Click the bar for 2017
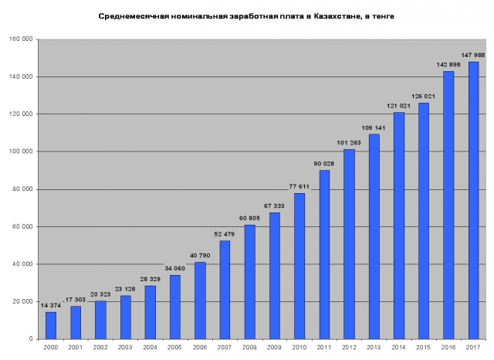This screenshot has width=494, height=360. click(473, 200)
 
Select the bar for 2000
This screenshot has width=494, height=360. click(51, 325)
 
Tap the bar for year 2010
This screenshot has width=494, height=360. click(299, 266)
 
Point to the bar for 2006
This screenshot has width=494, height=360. click(200, 301)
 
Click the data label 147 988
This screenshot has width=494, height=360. click(472, 55)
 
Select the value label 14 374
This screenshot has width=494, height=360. click(50, 305)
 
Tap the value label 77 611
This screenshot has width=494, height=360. click(299, 186)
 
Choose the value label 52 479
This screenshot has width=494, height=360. click(225, 234)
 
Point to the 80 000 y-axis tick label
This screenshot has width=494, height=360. click(23, 189)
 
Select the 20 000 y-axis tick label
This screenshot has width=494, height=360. click(23, 301)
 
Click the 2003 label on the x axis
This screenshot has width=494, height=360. click(125, 349)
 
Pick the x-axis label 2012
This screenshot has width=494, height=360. click(349, 349)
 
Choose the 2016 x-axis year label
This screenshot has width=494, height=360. click(448, 349)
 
